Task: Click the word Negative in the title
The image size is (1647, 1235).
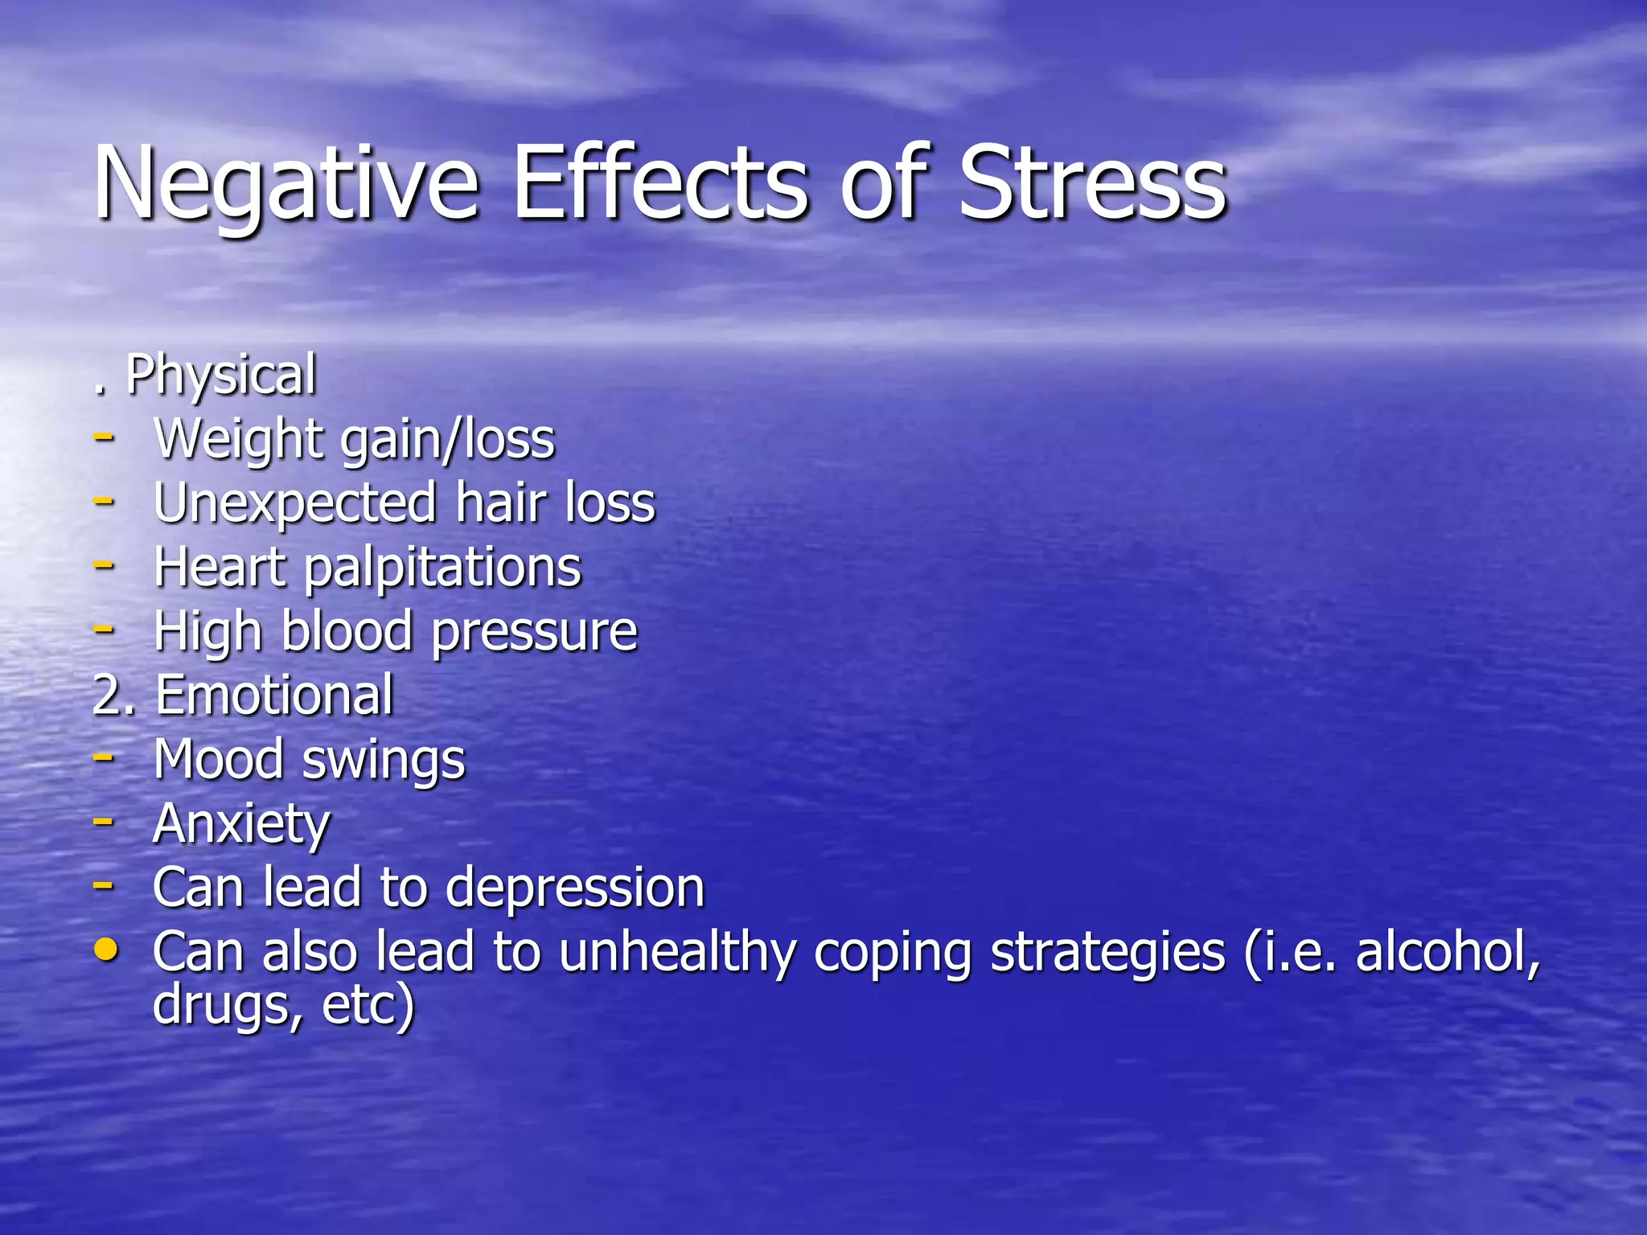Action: click(286, 185)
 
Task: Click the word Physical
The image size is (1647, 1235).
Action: click(221, 376)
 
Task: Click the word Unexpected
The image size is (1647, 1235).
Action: click(294, 504)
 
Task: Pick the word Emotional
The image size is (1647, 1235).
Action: click(274, 695)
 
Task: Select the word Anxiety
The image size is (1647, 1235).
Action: click(241, 825)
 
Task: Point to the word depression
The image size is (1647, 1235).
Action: click(574, 888)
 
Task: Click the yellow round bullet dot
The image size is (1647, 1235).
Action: click(105, 951)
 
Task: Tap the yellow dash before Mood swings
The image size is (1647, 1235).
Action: click(103, 757)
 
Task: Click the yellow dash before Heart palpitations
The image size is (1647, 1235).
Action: click(103, 564)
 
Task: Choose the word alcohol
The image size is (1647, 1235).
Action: click(1447, 953)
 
